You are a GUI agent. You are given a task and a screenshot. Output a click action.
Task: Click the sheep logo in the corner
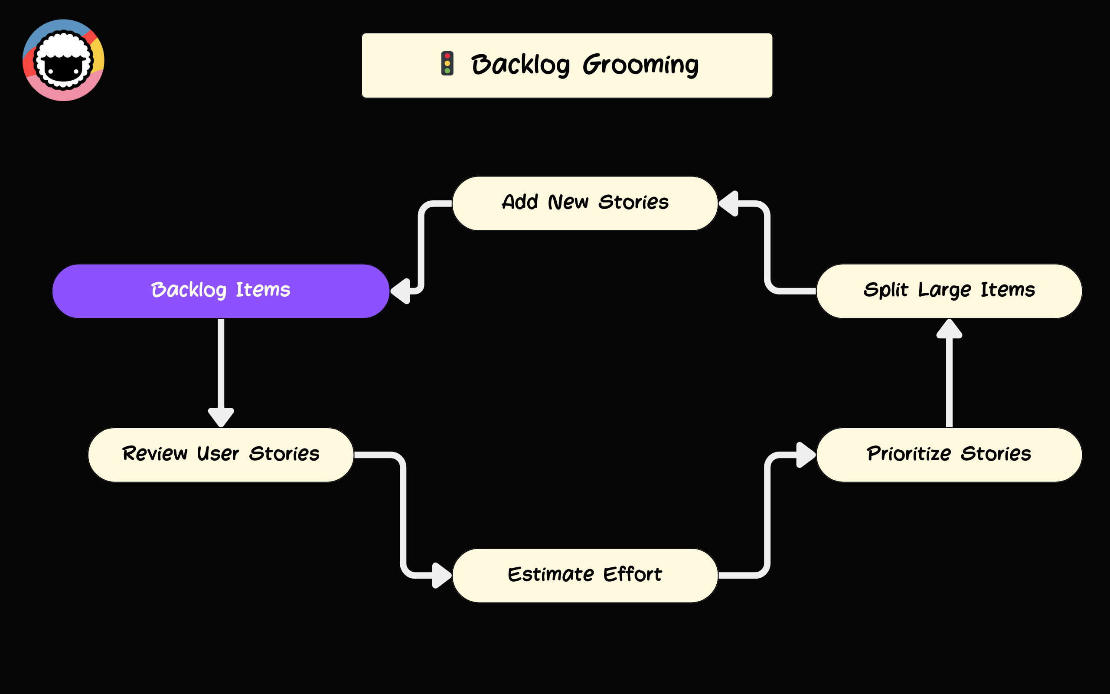coord(63,60)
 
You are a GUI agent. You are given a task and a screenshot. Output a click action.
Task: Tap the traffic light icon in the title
coord(447,63)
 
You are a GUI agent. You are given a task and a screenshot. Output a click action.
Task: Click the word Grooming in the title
coord(640,65)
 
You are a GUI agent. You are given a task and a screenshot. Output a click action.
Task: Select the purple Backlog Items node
coord(221,291)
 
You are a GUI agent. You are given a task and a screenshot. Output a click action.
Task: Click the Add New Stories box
coord(585,203)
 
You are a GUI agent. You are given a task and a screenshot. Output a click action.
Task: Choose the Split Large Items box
coord(949,291)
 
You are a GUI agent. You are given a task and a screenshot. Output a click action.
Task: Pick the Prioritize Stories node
coord(949,455)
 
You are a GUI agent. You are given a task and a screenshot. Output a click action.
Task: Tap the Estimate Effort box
coord(585,575)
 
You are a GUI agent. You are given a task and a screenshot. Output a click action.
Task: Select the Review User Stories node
coord(221,455)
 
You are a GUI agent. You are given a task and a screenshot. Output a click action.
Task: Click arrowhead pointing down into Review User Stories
coord(221,417)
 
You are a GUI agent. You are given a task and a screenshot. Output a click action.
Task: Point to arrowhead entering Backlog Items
coord(401,291)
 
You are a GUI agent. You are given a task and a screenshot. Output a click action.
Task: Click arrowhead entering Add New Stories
coord(729,203)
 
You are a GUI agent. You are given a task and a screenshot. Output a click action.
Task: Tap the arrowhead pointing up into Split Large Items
coord(949,329)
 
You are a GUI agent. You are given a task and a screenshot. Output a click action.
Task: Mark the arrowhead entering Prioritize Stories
coord(806,455)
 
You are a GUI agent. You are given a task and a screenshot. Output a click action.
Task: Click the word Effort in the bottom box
coord(633,574)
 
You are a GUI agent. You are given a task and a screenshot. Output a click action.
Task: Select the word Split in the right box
coord(885,290)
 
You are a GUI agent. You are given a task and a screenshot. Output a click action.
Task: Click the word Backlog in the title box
coord(520,65)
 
